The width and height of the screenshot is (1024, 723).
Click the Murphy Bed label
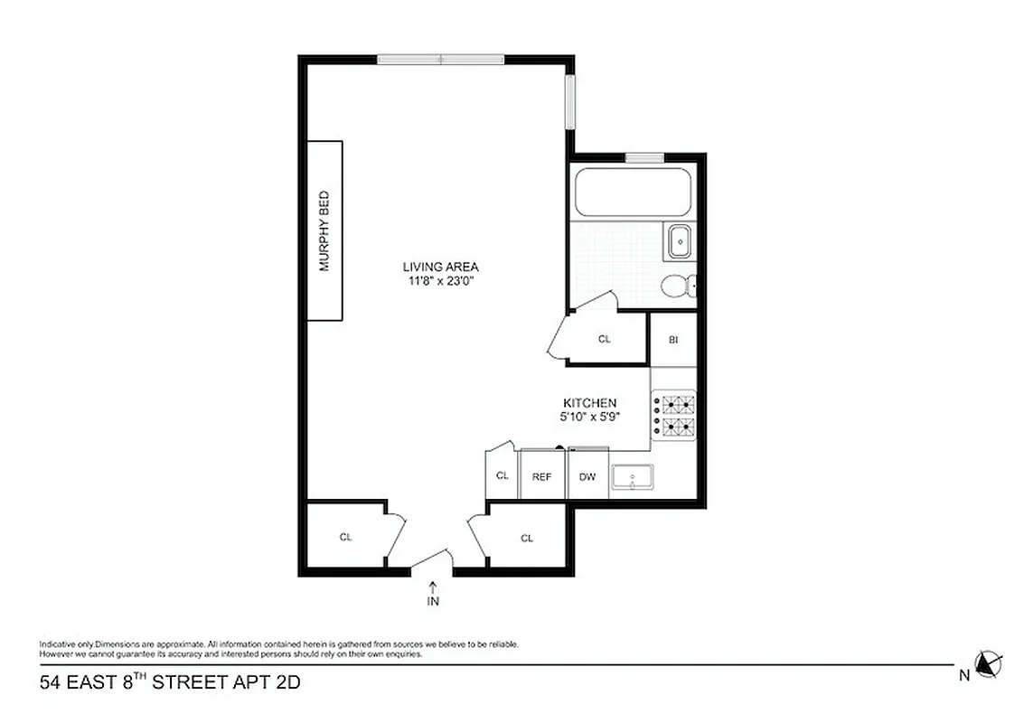click(x=324, y=230)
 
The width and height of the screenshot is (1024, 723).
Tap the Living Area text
click(x=440, y=267)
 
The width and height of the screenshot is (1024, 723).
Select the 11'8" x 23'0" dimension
click(x=440, y=281)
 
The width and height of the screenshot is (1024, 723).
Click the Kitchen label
click(x=589, y=403)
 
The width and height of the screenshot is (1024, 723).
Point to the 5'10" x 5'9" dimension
click(x=589, y=418)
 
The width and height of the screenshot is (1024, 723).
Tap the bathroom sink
click(x=678, y=242)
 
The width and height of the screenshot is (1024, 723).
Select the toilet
click(x=677, y=286)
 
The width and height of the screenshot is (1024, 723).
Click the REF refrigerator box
click(x=541, y=477)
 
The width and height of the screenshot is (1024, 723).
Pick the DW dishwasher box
click(x=587, y=477)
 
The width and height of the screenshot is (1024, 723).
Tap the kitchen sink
click(x=633, y=477)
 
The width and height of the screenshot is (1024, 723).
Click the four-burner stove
click(x=673, y=415)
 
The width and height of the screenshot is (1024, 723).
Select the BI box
click(x=673, y=340)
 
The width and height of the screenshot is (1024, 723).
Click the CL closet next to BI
click(x=605, y=339)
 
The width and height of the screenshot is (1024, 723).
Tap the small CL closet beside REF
click(x=502, y=477)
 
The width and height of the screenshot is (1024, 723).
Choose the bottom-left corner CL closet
click(x=345, y=537)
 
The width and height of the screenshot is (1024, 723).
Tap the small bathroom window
click(x=644, y=158)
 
